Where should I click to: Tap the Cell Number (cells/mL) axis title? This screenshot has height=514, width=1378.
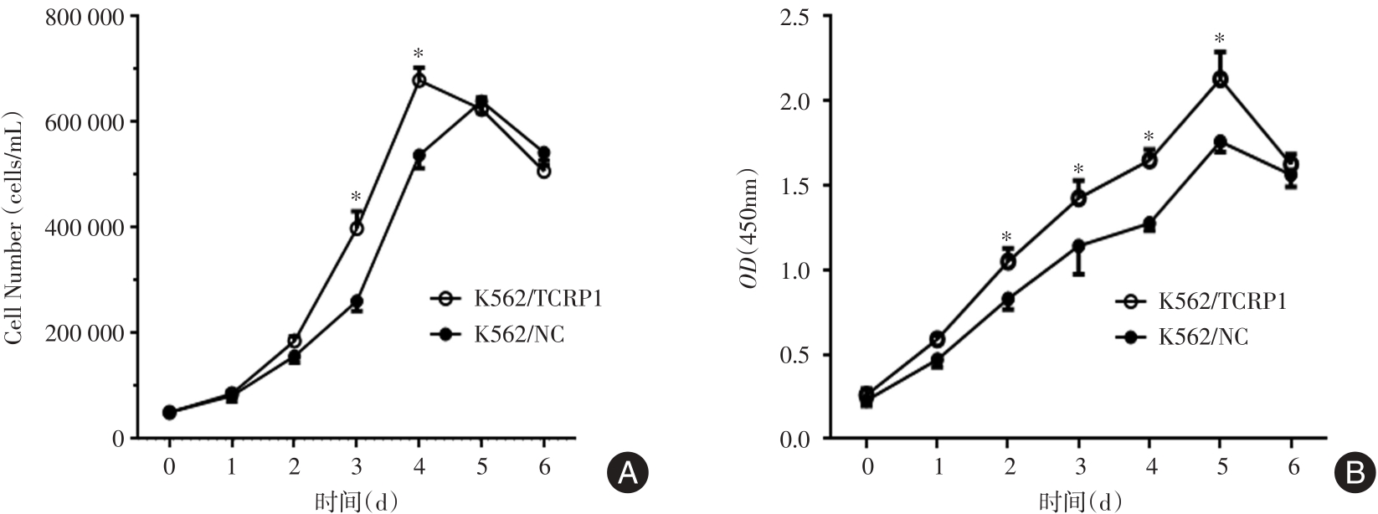tap(14, 228)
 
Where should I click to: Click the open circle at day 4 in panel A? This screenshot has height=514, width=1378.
tap(419, 80)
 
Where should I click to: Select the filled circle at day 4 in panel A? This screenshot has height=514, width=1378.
tap(419, 156)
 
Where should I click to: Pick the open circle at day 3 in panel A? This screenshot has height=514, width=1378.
tap(357, 228)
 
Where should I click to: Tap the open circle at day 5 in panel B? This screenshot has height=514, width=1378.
tap(1221, 80)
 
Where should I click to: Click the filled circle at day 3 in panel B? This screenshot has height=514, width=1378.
tap(1078, 246)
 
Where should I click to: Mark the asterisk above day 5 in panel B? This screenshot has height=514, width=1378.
tap(1221, 39)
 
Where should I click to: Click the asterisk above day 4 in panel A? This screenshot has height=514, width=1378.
tap(419, 55)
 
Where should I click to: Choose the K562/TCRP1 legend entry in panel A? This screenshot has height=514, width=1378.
tap(516, 298)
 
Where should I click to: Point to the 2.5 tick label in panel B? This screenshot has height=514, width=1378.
tap(800, 16)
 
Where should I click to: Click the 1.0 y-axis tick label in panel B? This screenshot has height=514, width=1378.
tap(800, 270)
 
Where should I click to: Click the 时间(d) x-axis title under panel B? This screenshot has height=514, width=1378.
tap(1079, 501)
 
